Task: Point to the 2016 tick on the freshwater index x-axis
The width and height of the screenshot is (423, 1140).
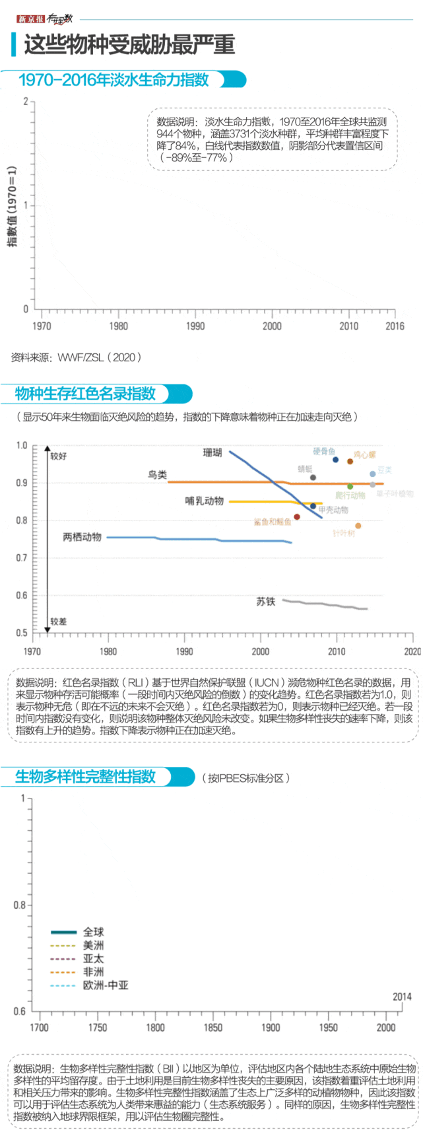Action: pos(395,326)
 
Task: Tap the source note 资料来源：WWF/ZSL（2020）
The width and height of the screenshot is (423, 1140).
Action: pos(76,357)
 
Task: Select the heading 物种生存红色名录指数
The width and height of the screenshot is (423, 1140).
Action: pos(85,394)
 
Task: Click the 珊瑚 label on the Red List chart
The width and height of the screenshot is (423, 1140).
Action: pos(212,452)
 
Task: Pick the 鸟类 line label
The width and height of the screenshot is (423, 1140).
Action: pos(157,475)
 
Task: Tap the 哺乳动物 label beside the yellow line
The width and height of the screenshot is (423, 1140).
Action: pos(204,501)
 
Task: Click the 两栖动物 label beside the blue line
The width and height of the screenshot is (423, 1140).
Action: pos(82,537)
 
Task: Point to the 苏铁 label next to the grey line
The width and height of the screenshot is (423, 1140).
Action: pos(265,602)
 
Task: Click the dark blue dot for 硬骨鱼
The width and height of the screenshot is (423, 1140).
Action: pos(336,460)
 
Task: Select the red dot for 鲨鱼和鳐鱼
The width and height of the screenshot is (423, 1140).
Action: pos(297,517)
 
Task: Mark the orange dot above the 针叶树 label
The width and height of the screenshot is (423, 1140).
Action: pos(358,526)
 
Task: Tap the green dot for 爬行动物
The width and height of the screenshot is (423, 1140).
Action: pos(350,487)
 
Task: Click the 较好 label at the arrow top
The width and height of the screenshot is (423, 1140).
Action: pos(59,456)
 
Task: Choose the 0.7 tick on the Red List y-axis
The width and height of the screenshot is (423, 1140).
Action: pos(22,558)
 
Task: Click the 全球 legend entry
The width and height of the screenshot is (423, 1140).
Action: pos(93,932)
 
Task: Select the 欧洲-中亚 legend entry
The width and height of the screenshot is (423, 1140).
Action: pos(105,985)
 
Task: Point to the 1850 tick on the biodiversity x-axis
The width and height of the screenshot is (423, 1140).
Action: pos(213,1027)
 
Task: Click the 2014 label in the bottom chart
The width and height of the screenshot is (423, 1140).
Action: pos(402,997)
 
